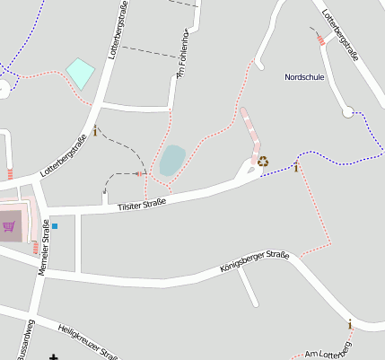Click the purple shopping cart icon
(9, 226)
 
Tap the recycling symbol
(263, 162)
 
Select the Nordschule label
(303, 77)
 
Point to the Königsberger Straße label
(255, 262)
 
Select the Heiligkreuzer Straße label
(87, 342)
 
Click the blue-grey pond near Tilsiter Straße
(171, 160)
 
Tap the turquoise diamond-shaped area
(80, 73)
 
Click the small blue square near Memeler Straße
(54, 225)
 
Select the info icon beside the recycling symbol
(296, 167)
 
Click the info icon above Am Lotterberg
(350, 324)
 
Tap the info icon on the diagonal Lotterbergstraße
(95, 131)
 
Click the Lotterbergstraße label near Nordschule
(340, 36)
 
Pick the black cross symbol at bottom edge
(53, 356)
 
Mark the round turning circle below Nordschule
(348, 111)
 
